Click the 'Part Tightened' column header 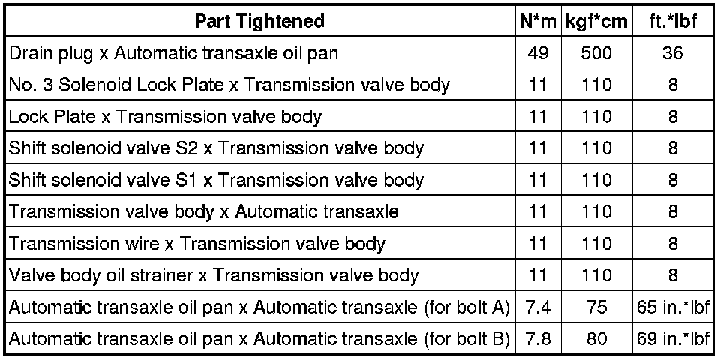pyautogui.click(x=259, y=21)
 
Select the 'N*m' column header pyautogui.click(x=538, y=21)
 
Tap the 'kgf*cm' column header pyautogui.click(x=596, y=21)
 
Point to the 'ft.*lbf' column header pyautogui.click(x=673, y=21)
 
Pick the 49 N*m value pyautogui.click(x=538, y=53)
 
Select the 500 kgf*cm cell pyautogui.click(x=596, y=53)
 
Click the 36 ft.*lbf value pyautogui.click(x=673, y=53)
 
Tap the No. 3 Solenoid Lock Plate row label pyautogui.click(x=229, y=85)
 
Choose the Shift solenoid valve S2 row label pyautogui.click(x=216, y=148)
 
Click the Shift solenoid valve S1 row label pyautogui.click(x=216, y=181)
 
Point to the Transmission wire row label pyautogui.click(x=197, y=244)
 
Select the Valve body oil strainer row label pyautogui.click(x=214, y=276)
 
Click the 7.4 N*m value pyautogui.click(x=538, y=307)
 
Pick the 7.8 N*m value pyautogui.click(x=538, y=339)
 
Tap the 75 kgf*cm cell pyautogui.click(x=596, y=307)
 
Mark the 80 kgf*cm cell pyautogui.click(x=596, y=339)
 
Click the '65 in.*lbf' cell pyautogui.click(x=673, y=307)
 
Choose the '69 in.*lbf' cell pyautogui.click(x=673, y=339)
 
